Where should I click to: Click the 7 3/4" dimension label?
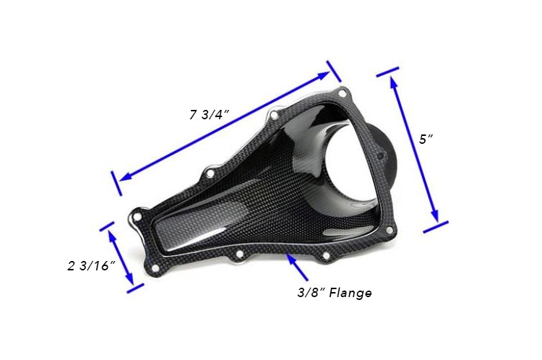(209, 113)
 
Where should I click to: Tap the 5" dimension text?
(426, 139)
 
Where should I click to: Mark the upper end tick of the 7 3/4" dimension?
(334, 70)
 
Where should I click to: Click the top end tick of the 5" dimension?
(387, 72)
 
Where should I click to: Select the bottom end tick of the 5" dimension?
(436, 227)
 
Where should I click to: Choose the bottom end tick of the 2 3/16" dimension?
(135, 288)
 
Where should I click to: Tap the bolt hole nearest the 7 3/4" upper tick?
(343, 93)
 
